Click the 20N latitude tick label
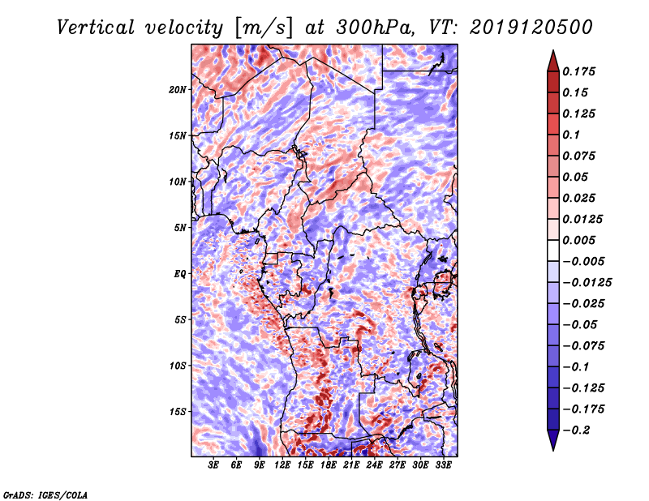178,89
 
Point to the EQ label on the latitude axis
180,273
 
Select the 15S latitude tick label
178,411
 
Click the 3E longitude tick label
214,465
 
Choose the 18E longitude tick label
329,465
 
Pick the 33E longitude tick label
443,465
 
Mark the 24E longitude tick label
374,465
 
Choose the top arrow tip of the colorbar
552,52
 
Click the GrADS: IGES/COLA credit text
45,494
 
